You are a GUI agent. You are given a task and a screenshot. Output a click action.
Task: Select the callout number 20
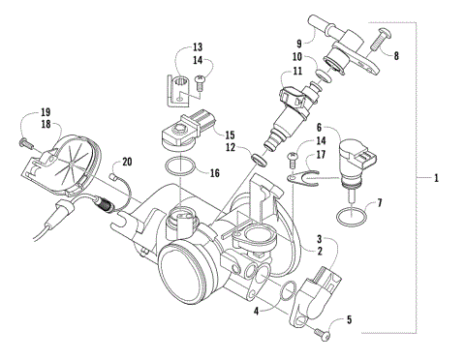pos(126,163)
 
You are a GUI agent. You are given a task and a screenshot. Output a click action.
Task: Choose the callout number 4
pos(256,312)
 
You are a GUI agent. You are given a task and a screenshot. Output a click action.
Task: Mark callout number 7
pos(379,203)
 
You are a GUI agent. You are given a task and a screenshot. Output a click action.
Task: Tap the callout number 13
pos(197,46)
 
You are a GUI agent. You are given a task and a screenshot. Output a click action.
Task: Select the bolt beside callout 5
pos(324,335)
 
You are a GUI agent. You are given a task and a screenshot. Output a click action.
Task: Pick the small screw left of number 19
pos(22,141)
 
